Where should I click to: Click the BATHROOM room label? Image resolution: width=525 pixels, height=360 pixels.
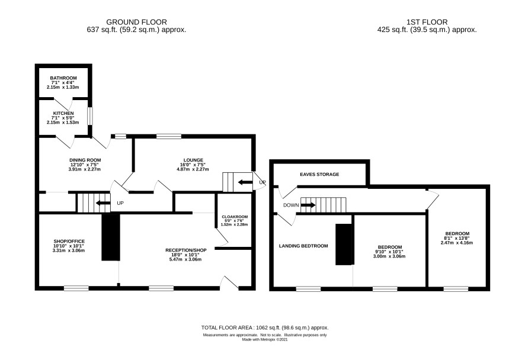pyautogui.click(x=63, y=78)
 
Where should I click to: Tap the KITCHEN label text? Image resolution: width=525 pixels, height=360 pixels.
pyautogui.click(x=63, y=114)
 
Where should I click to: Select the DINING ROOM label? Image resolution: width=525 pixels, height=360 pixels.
pyautogui.click(x=85, y=160)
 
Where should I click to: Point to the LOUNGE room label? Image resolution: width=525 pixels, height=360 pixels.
pyautogui.click(x=193, y=160)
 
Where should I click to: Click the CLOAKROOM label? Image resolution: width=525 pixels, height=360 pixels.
pyautogui.click(x=235, y=217)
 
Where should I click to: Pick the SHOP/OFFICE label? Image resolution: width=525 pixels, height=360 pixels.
pyautogui.click(x=69, y=241)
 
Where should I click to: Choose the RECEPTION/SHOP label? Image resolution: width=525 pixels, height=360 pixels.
pyautogui.click(x=186, y=250)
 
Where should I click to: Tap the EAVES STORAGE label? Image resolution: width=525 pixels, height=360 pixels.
pyautogui.click(x=319, y=174)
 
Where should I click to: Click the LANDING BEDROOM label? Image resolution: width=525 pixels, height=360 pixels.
pyautogui.click(x=303, y=246)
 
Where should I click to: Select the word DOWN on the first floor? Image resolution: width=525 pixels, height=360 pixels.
pyautogui.click(x=291, y=205)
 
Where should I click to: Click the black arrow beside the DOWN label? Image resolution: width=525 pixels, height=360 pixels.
pyautogui.click(x=308, y=205)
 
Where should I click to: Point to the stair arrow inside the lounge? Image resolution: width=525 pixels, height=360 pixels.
pyautogui.click(x=245, y=182)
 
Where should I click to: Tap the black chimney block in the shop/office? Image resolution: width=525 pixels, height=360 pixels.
pyautogui.click(x=111, y=237)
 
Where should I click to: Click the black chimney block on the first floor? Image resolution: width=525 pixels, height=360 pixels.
pyautogui.click(x=345, y=245)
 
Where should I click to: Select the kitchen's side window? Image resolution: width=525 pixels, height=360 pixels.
pyautogui.click(x=89, y=116)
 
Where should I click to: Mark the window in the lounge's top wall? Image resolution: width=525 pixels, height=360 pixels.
pyautogui.click(x=169, y=136)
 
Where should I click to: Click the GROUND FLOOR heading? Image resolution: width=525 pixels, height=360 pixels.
pyautogui.click(x=137, y=22)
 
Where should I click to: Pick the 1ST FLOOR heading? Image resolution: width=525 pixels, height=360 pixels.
pyautogui.click(x=427, y=22)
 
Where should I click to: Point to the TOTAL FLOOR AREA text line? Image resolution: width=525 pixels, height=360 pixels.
pyautogui.click(x=265, y=328)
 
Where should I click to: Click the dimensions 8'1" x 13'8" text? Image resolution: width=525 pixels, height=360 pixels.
pyautogui.click(x=457, y=238)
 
